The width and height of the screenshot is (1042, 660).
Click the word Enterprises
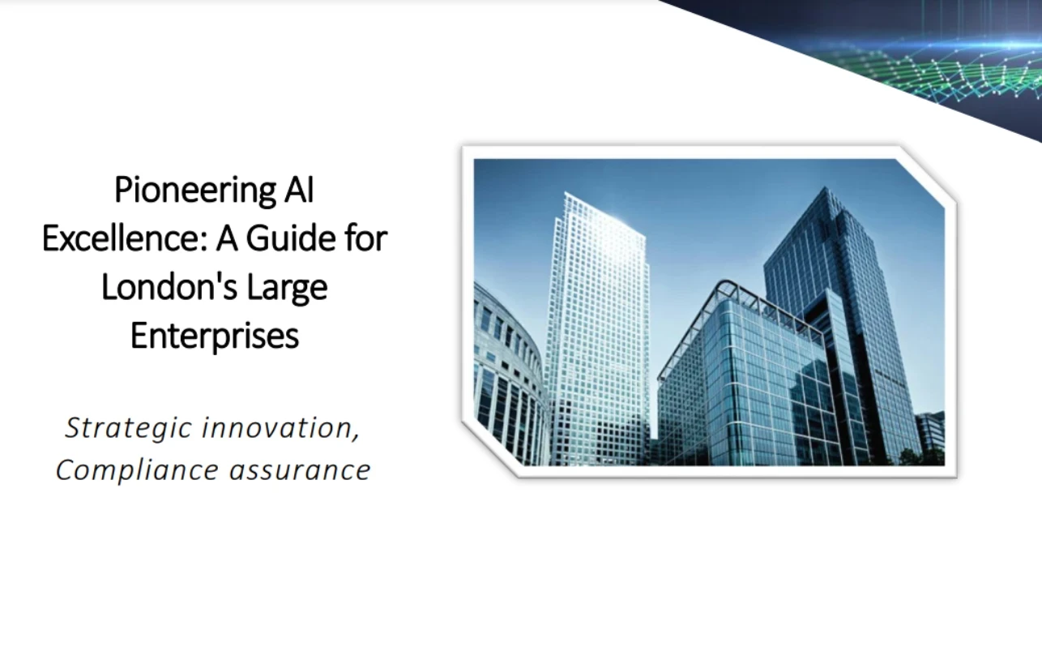pyautogui.click(x=215, y=336)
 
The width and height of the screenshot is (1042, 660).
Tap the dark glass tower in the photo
pyautogui.click(x=843, y=308)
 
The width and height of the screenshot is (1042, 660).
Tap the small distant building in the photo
pyautogui.click(x=930, y=434)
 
